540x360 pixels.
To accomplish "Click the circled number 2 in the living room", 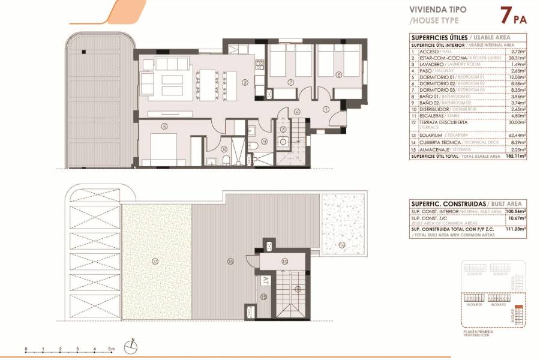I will point(245,83).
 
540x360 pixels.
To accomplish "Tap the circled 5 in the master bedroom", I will point(164,126).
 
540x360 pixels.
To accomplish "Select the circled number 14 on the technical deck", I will point(342,244).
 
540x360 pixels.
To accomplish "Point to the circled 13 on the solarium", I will point(155,261).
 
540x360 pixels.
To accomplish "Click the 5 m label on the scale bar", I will point(112,349).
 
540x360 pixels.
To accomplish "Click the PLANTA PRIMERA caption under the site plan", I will point(479,331).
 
